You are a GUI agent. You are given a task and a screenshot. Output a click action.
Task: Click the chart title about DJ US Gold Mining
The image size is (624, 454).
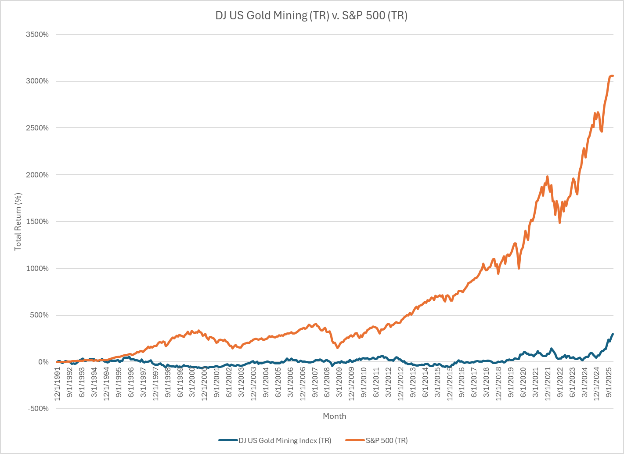pyautogui.click(x=311, y=16)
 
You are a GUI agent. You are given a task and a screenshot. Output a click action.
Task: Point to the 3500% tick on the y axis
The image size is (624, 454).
pyautogui.click(x=37, y=34)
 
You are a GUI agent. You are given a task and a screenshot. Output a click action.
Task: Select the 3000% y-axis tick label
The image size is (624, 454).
pyautogui.click(x=37, y=81)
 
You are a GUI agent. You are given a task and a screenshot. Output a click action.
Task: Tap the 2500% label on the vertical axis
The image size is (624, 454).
pyautogui.click(x=37, y=128)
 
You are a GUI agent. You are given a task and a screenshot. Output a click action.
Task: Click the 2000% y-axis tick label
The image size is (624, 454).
pyautogui.click(x=37, y=175)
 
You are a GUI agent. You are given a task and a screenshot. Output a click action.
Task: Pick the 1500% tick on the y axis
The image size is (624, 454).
pyautogui.click(x=37, y=221)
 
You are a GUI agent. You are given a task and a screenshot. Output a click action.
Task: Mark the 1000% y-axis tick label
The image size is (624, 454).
pyautogui.click(x=37, y=268)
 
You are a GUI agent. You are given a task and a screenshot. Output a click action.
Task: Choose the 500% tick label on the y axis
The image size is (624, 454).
pyautogui.click(x=39, y=315)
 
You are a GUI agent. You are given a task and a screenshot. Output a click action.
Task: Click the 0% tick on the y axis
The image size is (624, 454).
pyautogui.click(x=43, y=362)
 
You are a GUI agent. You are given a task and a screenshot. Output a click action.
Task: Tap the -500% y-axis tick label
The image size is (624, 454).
pyautogui.click(x=38, y=408)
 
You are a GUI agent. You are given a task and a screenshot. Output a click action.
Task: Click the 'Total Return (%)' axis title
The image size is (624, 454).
pyautogui.click(x=18, y=222)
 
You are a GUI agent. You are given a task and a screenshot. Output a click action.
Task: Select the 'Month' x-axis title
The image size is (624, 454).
pyautogui.click(x=334, y=416)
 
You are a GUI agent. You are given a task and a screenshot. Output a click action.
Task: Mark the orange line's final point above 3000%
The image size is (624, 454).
pyautogui.click(x=613, y=76)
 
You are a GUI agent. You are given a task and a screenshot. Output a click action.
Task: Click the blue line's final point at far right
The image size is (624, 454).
pyautogui.click(x=613, y=334)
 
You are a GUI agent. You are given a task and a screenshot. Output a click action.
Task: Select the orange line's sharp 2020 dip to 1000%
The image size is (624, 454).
pyautogui.click(x=519, y=268)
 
